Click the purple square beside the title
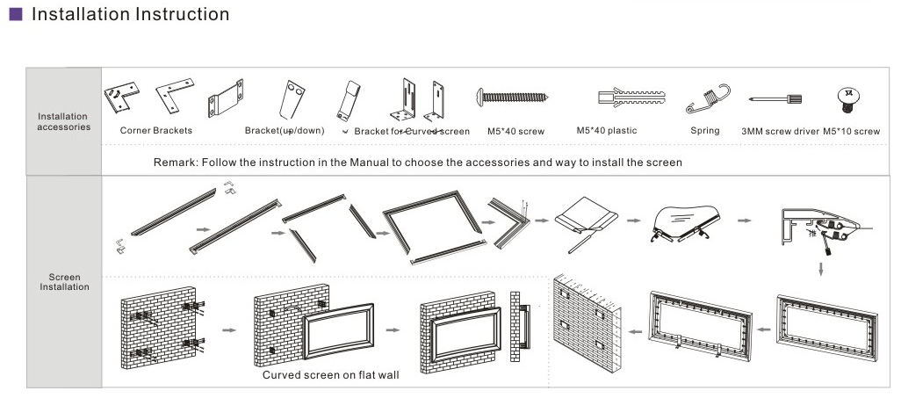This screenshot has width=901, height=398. (x=15, y=15)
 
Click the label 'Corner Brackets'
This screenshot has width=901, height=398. (x=155, y=131)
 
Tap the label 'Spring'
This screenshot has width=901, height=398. (x=704, y=131)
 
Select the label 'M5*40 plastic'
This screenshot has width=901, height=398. (x=607, y=131)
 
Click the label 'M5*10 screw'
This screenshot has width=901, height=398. (x=851, y=132)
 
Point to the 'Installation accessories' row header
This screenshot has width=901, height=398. (x=63, y=121)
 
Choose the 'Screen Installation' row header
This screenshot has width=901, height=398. (x=63, y=281)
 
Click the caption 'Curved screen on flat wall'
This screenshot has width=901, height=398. (x=330, y=375)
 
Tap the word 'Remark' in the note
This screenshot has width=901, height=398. (x=173, y=163)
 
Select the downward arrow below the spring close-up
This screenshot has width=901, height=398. (x=821, y=266)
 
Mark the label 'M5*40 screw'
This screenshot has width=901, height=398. (x=515, y=132)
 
